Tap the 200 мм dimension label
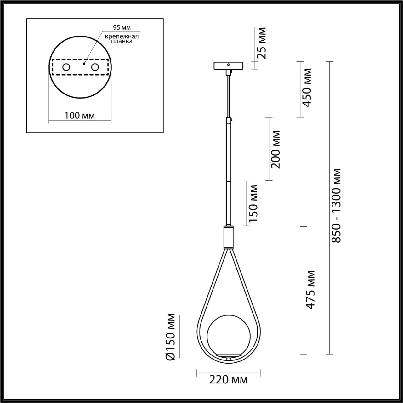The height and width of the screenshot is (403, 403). pyautogui.click(x=275, y=149)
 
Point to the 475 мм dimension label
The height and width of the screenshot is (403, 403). pyautogui.click(x=310, y=290)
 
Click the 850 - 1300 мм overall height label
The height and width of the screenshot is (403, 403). pyautogui.click(x=336, y=205)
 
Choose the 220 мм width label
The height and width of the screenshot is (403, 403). pyautogui.click(x=228, y=380)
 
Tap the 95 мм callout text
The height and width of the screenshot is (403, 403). pyautogui.click(x=122, y=28)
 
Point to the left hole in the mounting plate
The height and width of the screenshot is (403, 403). pyautogui.click(x=66, y=67)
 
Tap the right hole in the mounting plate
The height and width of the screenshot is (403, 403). pyautogui.click(x=95, y=67)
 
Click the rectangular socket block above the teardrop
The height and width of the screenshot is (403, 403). pyautogui.click(x=229, y=237)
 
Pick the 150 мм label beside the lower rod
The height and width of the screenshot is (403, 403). pyautogui.click(x=253, y=203)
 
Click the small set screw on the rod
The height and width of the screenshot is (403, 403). pyautogui.click(x=232, y=120)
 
